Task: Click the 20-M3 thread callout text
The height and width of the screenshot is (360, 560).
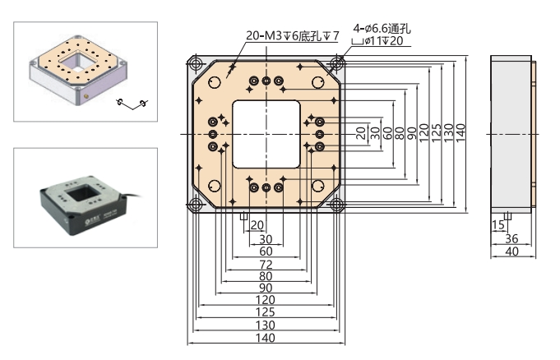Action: coord(293,35)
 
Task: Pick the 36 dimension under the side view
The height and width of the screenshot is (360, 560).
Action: coord(511,240)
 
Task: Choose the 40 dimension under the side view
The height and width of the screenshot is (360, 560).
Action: coord(511,252)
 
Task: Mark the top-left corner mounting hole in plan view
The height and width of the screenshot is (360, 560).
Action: coord(196,62)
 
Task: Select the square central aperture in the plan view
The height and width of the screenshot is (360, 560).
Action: coord(266,133)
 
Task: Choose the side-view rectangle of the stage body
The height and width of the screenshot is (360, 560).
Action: coord(510,133)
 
